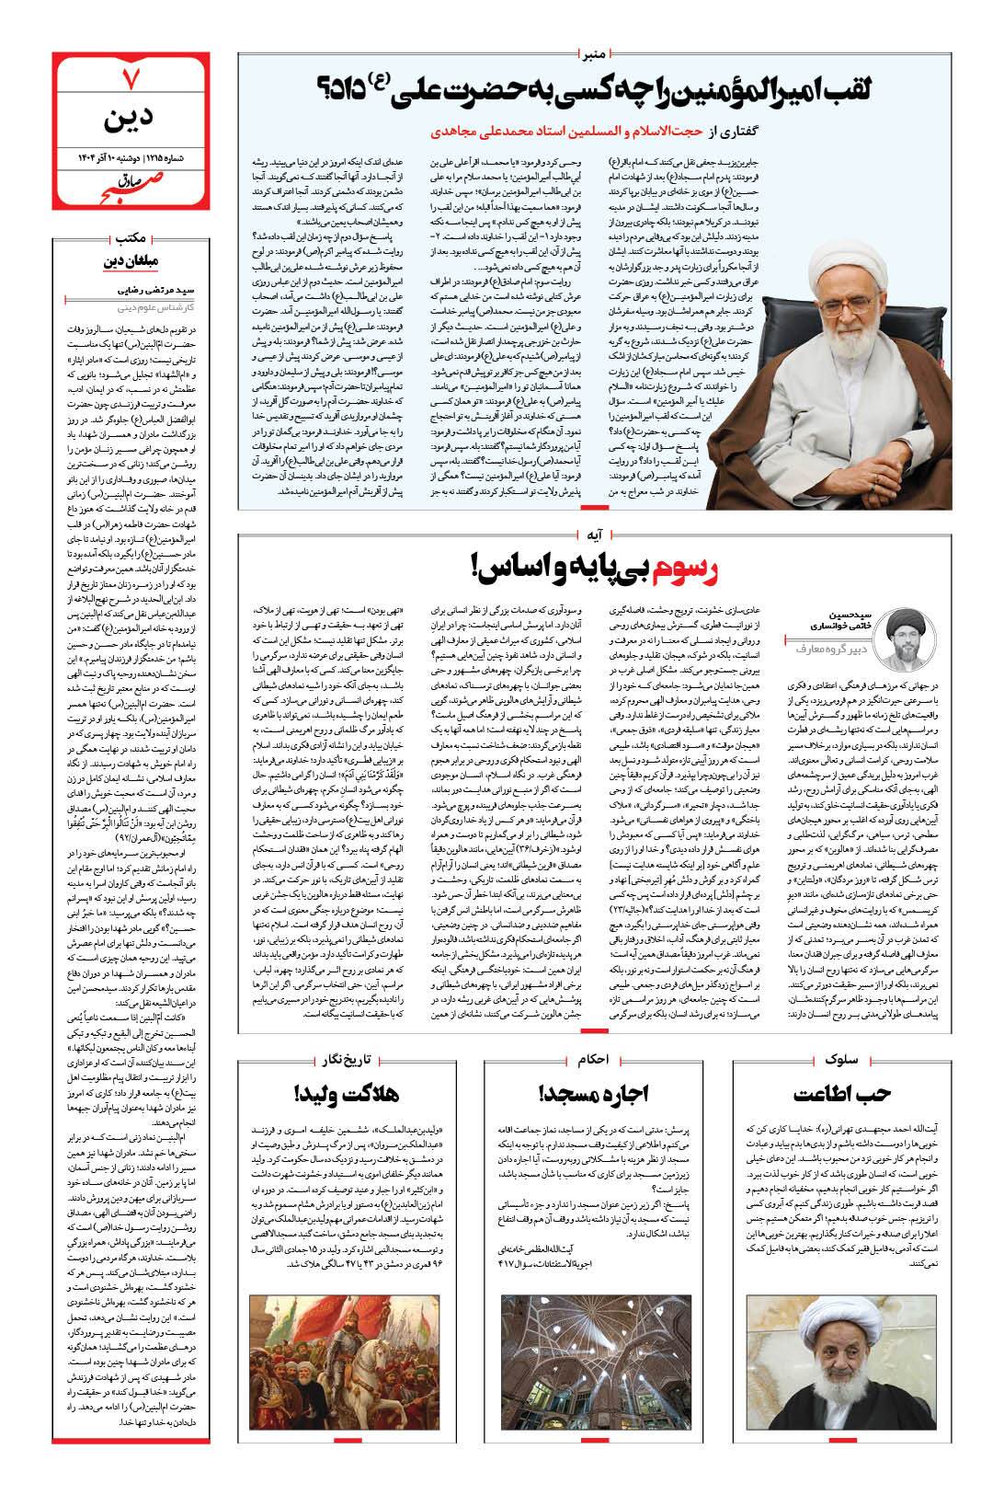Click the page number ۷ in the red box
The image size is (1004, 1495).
click(x=131, y=80)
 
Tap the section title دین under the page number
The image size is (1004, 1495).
click(x=131, y=120)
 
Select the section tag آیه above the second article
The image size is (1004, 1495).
click(x=594, y=532)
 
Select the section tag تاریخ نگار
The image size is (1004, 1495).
click(x=347, y=1060)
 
